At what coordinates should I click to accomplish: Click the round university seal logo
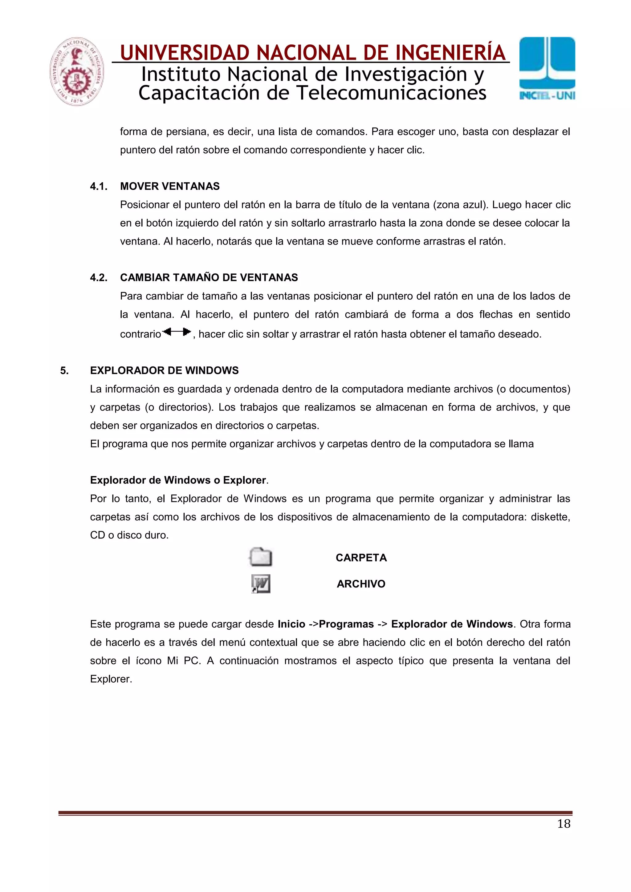tap(77, 71)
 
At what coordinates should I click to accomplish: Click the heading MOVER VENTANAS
tap(169, 187)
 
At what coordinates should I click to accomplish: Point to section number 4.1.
tap(99, 187)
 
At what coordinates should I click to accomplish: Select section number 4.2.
tap(99, 278)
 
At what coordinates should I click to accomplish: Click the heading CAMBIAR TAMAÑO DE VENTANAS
tap(209, 278)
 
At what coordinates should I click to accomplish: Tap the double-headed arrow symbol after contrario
tap(177, 332)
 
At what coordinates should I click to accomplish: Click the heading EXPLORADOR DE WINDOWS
tap(164, 371)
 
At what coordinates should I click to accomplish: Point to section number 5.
tap(64, 371)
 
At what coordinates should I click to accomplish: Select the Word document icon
tap(260, 584)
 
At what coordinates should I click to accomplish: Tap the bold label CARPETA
tap(361, 558)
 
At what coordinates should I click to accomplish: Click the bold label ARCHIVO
tap(361, 584)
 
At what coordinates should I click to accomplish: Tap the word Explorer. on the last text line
tap(111, 679)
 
